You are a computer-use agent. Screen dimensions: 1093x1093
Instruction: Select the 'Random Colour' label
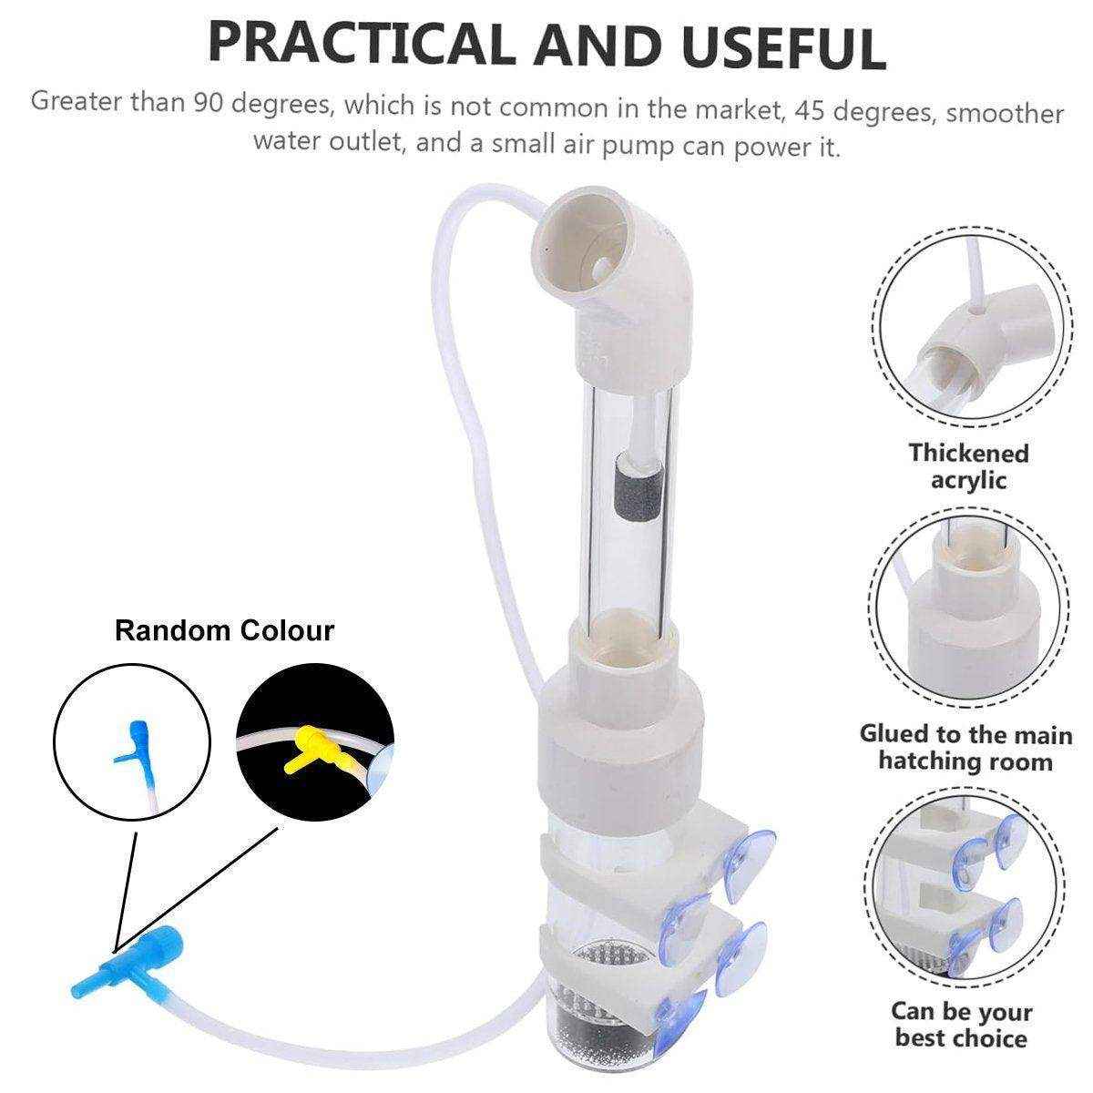224,630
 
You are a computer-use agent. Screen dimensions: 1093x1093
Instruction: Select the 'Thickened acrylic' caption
968,467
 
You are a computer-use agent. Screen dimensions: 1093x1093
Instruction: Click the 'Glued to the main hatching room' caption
965,748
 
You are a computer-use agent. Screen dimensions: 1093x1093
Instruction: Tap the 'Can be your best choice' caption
962,1025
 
